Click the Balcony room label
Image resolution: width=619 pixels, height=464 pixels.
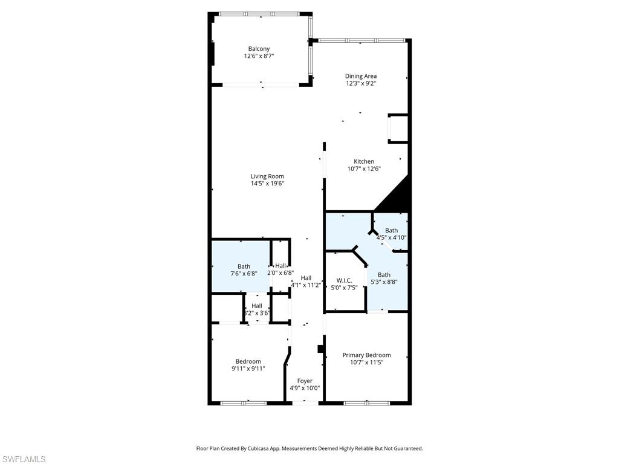pyautogui.click(x=259, y=49)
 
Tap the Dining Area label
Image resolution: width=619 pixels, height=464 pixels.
pyautogui.click(x=361, y=76)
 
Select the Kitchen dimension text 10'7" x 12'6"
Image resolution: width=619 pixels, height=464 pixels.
pyautogui.click(x=364, y=169)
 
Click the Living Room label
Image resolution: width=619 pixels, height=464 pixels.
pyautogui.click(x=267, y=176)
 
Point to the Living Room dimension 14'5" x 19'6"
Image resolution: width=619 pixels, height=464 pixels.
pyautogui.click(x=267, y=184)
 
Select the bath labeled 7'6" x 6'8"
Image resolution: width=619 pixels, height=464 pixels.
pyautogui.click(x=244, y=273)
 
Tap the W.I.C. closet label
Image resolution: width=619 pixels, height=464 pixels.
pyautogui.click(x=345, y=280)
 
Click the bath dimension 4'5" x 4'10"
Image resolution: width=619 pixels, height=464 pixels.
pyautogui.click(x=391, y=237)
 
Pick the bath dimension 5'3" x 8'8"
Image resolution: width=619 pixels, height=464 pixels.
pyautogui.click(x=384, y=282)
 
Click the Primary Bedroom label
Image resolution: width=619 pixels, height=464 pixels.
pyautogui.click(x=366, y=355)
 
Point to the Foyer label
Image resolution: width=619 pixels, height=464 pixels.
pyautogui.click(x=305, y=381)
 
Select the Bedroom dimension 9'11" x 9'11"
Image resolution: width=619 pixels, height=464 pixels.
pyautogui.click(x=248, y=369)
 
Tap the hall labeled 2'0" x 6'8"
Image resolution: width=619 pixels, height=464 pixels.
pyautogui.click(x=280, y=272)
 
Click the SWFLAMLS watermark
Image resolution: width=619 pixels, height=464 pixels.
pyautogui.click(x=23, y=459)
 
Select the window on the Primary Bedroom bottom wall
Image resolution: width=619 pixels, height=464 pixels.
pyautogui.click(x=366, y=402)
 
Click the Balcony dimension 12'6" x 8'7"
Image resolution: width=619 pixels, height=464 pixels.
pyautogui.click(x=259, y=56)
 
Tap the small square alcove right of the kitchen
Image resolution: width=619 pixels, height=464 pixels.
pyautogui.click(x=398, y=128)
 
